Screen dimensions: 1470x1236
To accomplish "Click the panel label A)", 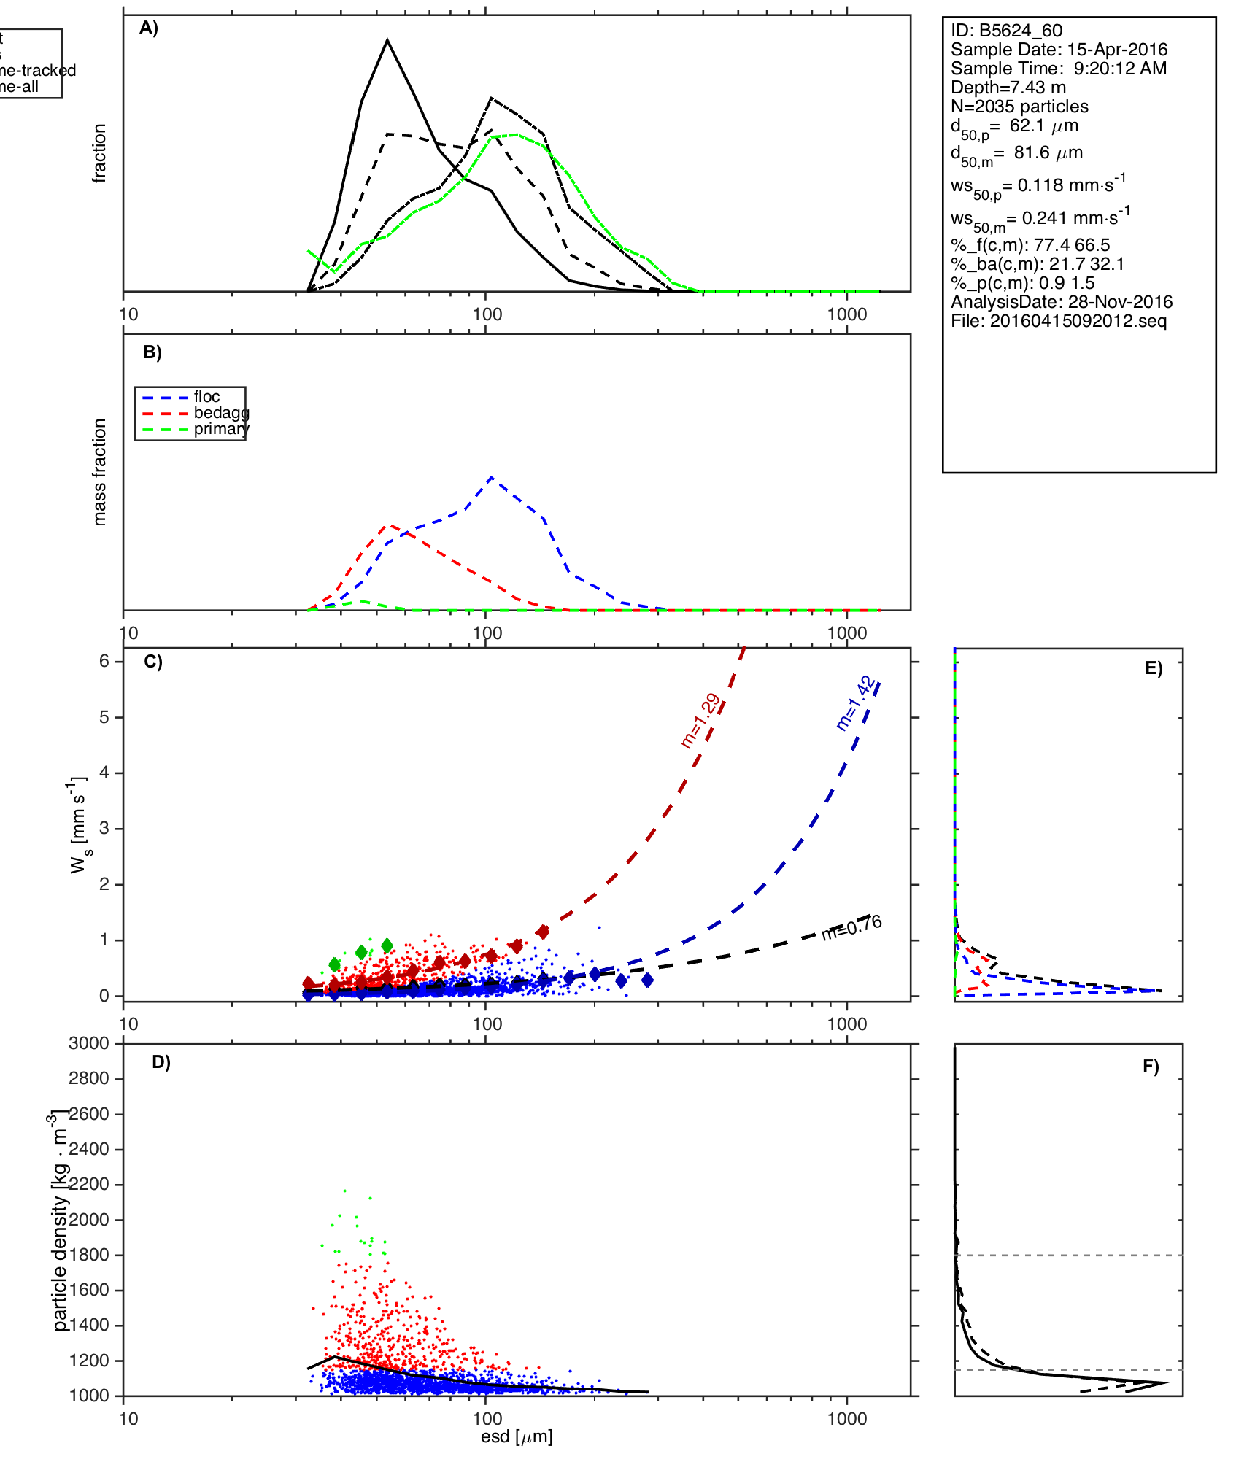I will (x=149, y=28).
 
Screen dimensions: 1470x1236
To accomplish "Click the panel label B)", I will (x=152, y=352).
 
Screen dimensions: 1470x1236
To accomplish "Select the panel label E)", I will (x=1154, y=668).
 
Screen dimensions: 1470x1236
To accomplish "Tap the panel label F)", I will (x=1151, y=1067).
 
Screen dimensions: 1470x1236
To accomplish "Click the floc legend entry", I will (x=206, y=397).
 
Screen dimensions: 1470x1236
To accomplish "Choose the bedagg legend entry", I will (x=221, y=413).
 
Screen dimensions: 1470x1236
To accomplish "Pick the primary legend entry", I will (x=221, y=429).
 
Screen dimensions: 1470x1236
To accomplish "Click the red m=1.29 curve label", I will (x=700, y=721).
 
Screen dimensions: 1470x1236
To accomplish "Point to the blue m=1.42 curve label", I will (x=855, y=703).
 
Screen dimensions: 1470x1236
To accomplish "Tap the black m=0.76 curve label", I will (x=852, y=927).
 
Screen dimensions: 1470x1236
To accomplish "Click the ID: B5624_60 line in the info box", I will (x=1006, y=31).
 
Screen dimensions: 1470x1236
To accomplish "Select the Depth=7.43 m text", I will (x=1008, y=88).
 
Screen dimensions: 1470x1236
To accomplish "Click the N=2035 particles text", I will (x=1019, y=107).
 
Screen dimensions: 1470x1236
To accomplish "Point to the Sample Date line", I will (x=1059, y=50).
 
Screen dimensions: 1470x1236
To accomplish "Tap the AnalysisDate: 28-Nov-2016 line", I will (x=1062, y=302).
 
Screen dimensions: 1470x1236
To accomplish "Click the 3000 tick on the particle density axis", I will (x=89, y=1043).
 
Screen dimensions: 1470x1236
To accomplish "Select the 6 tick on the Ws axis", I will (x=104, y=661).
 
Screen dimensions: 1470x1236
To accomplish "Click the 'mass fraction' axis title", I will (x=100, y=472).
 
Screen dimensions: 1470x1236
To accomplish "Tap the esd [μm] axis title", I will (x=517, y=1437).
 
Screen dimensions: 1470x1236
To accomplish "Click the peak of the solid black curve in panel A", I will (x=387, y=40).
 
